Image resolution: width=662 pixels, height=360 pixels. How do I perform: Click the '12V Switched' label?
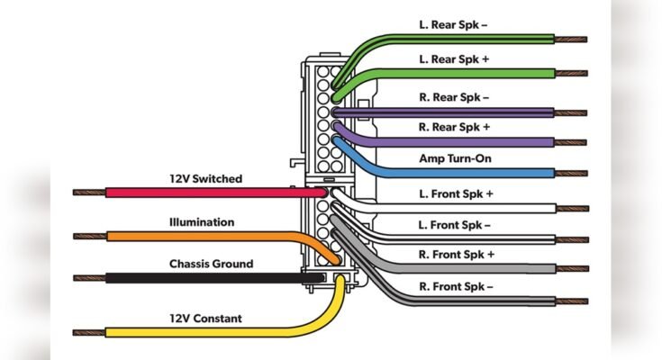tap(205, 179)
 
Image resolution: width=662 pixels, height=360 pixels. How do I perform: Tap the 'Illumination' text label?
tap(201, 221)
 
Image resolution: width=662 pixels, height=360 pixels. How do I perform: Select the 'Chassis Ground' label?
tap(211, 264)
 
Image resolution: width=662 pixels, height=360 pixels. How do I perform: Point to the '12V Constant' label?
tap(205, 319)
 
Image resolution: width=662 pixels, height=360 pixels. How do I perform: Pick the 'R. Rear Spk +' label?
tap(455, 128)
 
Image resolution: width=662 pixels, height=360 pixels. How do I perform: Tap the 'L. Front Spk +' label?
tap(457, 194)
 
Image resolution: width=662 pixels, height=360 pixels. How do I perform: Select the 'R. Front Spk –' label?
tap(457, 286)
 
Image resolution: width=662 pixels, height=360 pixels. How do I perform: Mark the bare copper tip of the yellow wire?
tap(88, 332)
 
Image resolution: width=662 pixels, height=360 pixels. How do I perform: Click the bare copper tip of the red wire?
tap(88, 193)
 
